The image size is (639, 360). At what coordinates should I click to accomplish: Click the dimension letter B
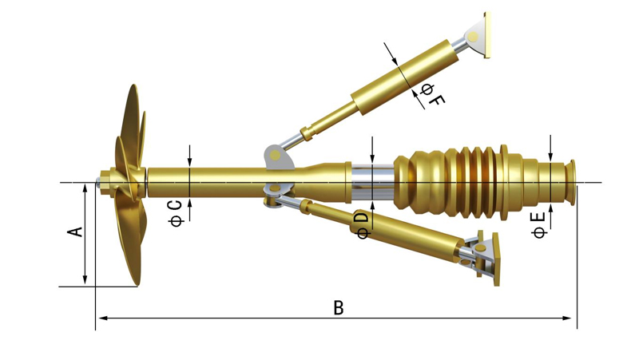pyautogui.click(x=339, y=307)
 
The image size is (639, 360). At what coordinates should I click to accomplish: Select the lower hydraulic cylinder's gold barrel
pyautogui.click(x=399, y=231)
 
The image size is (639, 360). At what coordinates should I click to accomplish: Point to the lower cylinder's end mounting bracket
pyautogui.click(x=485, y=255)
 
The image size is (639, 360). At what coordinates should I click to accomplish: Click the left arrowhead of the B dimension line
pyautogui.click(x=101, y=318)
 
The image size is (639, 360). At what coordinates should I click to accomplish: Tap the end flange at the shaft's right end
pyautogui.click(x=571, y=182)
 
